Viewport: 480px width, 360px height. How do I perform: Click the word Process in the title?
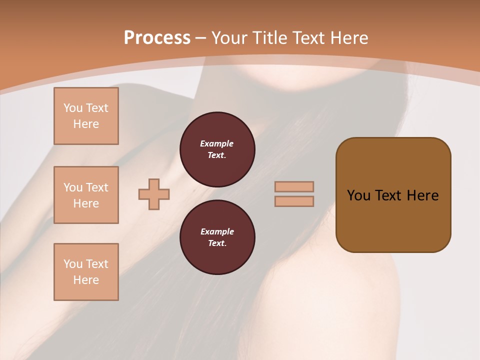157,38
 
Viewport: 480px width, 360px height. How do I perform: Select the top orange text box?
86,116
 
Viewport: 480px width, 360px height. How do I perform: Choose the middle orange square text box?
86,195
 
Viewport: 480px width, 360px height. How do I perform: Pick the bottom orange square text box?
86,272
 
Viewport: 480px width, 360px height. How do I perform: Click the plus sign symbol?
154,194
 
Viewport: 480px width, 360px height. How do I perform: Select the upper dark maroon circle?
217,149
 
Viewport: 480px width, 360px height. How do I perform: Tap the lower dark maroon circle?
217,237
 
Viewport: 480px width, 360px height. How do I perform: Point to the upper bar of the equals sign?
294,186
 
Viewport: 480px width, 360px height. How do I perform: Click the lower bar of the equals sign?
294,201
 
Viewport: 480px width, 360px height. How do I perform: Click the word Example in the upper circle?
217,143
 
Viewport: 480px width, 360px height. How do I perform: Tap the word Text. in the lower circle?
217,243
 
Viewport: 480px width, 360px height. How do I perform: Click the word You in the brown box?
358,195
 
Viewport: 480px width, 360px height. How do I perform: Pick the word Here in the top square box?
86,124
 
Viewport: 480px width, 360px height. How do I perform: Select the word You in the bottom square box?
73,264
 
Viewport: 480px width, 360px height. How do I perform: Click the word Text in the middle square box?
97,187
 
